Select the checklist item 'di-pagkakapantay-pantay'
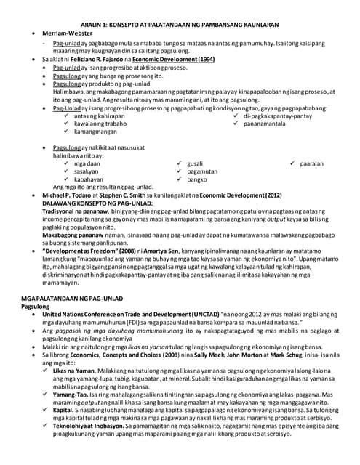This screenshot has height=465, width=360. tap(277, 116)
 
